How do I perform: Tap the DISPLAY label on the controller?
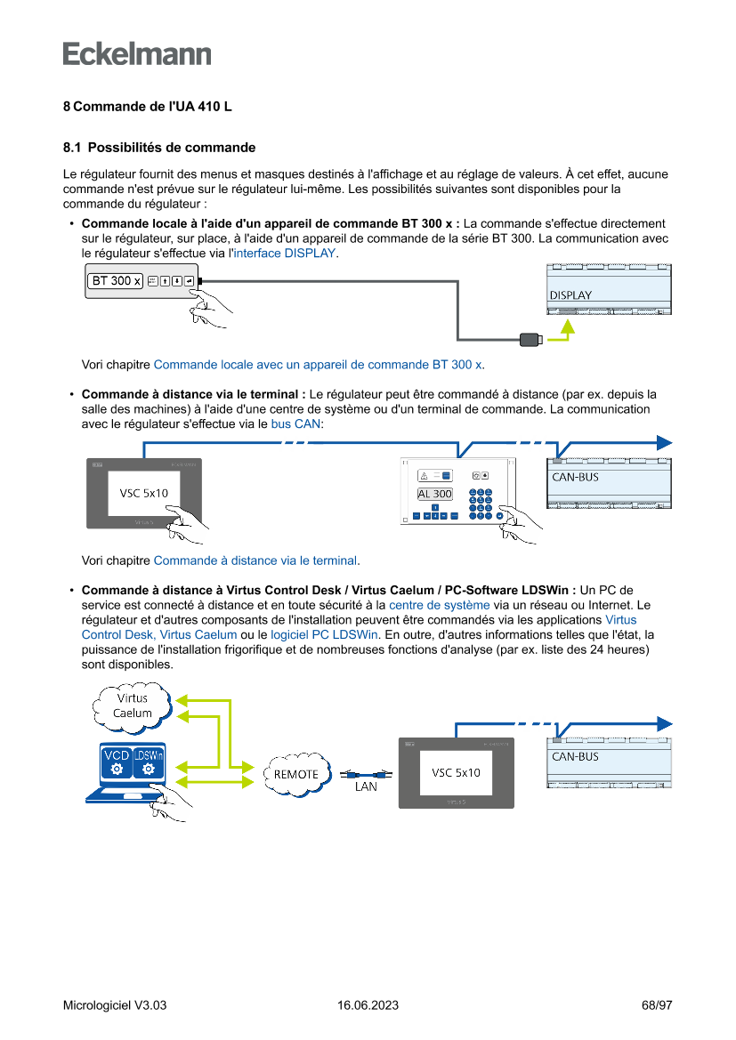point(570,295)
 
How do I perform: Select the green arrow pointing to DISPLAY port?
point(566,329)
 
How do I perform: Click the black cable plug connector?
point(530,338)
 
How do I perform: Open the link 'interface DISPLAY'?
point(285,254)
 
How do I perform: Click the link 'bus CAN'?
point(295,424)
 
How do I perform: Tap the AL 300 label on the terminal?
point(434,494)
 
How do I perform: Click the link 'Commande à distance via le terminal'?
point(255,560)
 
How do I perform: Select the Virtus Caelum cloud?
point(132,705)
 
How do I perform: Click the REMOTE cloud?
point(295,773)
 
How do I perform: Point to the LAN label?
point(366,786)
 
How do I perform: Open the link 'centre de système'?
point(440,605)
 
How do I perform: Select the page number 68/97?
point(656,1005)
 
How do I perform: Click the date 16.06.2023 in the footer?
point(368,1005)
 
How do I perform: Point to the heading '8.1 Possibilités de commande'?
point(159,148)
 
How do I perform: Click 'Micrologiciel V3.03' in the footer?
point(115,1005)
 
